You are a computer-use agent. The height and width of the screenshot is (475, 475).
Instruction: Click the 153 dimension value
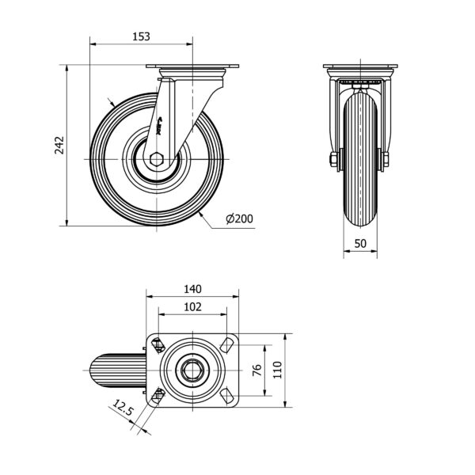click(x=141, y=36)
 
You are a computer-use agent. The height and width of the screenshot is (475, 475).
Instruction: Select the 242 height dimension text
click(x=59, y=146)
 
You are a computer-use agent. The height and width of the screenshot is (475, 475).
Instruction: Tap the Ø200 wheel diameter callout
click(x=240, y=218)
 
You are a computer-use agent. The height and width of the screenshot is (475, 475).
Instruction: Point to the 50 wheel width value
click(x=360, y=243)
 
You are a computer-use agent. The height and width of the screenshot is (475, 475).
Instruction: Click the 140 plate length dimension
click(x=192, y=289)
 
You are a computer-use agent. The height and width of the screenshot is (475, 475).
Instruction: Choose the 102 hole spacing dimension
click(x=192, y=307)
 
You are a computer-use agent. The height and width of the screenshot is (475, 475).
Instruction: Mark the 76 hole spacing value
click(x=257, y=370)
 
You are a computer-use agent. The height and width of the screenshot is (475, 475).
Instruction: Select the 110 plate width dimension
click(x=278, y=370)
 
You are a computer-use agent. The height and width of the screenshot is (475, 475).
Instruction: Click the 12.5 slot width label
click(x=123, y=408)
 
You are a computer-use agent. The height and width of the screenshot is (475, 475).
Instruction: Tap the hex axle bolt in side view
click(x=156, y=159)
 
